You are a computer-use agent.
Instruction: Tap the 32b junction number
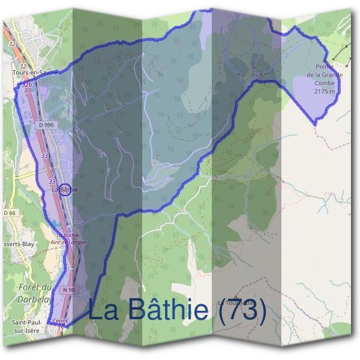pyautogui.click(x=26, y=85)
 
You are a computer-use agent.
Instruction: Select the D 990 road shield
pyautogui.click(x=45, y=124)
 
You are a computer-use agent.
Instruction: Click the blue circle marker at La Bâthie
pyautogui.click(x=66, y=190)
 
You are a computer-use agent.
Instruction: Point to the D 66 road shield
pyautogui.click(x=8, y=213)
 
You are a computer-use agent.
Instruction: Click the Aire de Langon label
pyautogui.click(x=71, y=242)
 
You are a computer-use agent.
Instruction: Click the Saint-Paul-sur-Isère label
pyautogui.click(x=28, y=326)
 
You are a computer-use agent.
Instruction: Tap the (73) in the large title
pyautogui.click(x=242, y=310)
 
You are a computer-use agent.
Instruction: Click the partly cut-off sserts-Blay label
pyautogui.click(x=18, y=244)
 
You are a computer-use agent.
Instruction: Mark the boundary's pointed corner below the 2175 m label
pyautogui.click(x=316, y=124)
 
